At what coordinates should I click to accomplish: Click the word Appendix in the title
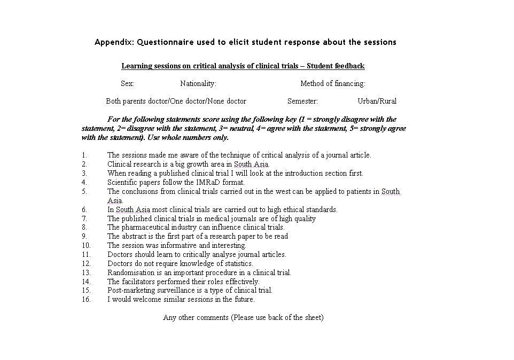(113, 42)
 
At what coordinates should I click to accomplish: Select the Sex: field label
(127, 83)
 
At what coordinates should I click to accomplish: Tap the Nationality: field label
(198, 83)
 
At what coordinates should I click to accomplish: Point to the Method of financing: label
(332, 83)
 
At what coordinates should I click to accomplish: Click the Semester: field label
(302, 101)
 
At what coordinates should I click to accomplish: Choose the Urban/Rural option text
(377, 101)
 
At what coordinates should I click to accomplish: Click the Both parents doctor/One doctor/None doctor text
(176, 101)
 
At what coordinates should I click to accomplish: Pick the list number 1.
(84, 155)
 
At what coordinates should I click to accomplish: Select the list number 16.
(86, 300)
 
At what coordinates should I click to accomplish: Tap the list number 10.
(86, 246)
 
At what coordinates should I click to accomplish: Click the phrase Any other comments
(196, 318)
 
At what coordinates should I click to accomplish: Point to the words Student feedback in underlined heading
(336, 66)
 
